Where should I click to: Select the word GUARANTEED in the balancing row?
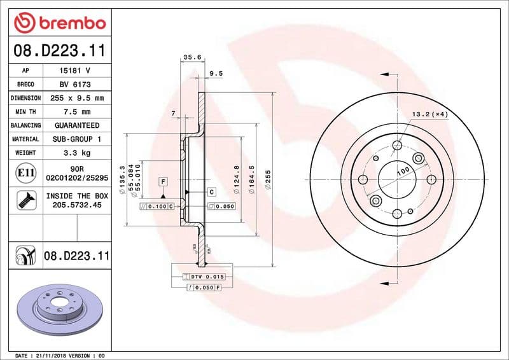77,125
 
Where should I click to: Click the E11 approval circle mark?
24,173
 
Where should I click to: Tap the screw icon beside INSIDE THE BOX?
24,200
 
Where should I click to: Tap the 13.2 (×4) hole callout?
430,114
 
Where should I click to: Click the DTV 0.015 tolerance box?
207,277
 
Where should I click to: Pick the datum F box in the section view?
163,182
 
